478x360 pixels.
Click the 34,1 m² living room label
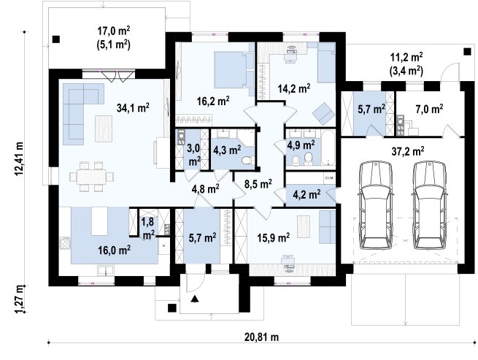[133, 107]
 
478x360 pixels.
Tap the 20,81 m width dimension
[261, 337]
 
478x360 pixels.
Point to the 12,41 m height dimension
[18, 159]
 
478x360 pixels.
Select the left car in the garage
[376, 205]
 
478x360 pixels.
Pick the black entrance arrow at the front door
[195, 299]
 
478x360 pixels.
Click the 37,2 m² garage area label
[408, 151]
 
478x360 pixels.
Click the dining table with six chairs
[92, 177]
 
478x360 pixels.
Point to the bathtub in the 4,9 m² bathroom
[328, 148]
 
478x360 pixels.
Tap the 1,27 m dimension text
[18, 299]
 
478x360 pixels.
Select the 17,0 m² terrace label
[113, 31]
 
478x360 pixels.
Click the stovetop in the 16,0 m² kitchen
[65, 243]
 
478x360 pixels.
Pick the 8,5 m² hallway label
[258, 184]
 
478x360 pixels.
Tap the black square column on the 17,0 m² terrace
[56, 39]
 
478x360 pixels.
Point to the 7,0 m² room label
[429, 109]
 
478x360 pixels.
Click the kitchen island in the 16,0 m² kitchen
[100, 221]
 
